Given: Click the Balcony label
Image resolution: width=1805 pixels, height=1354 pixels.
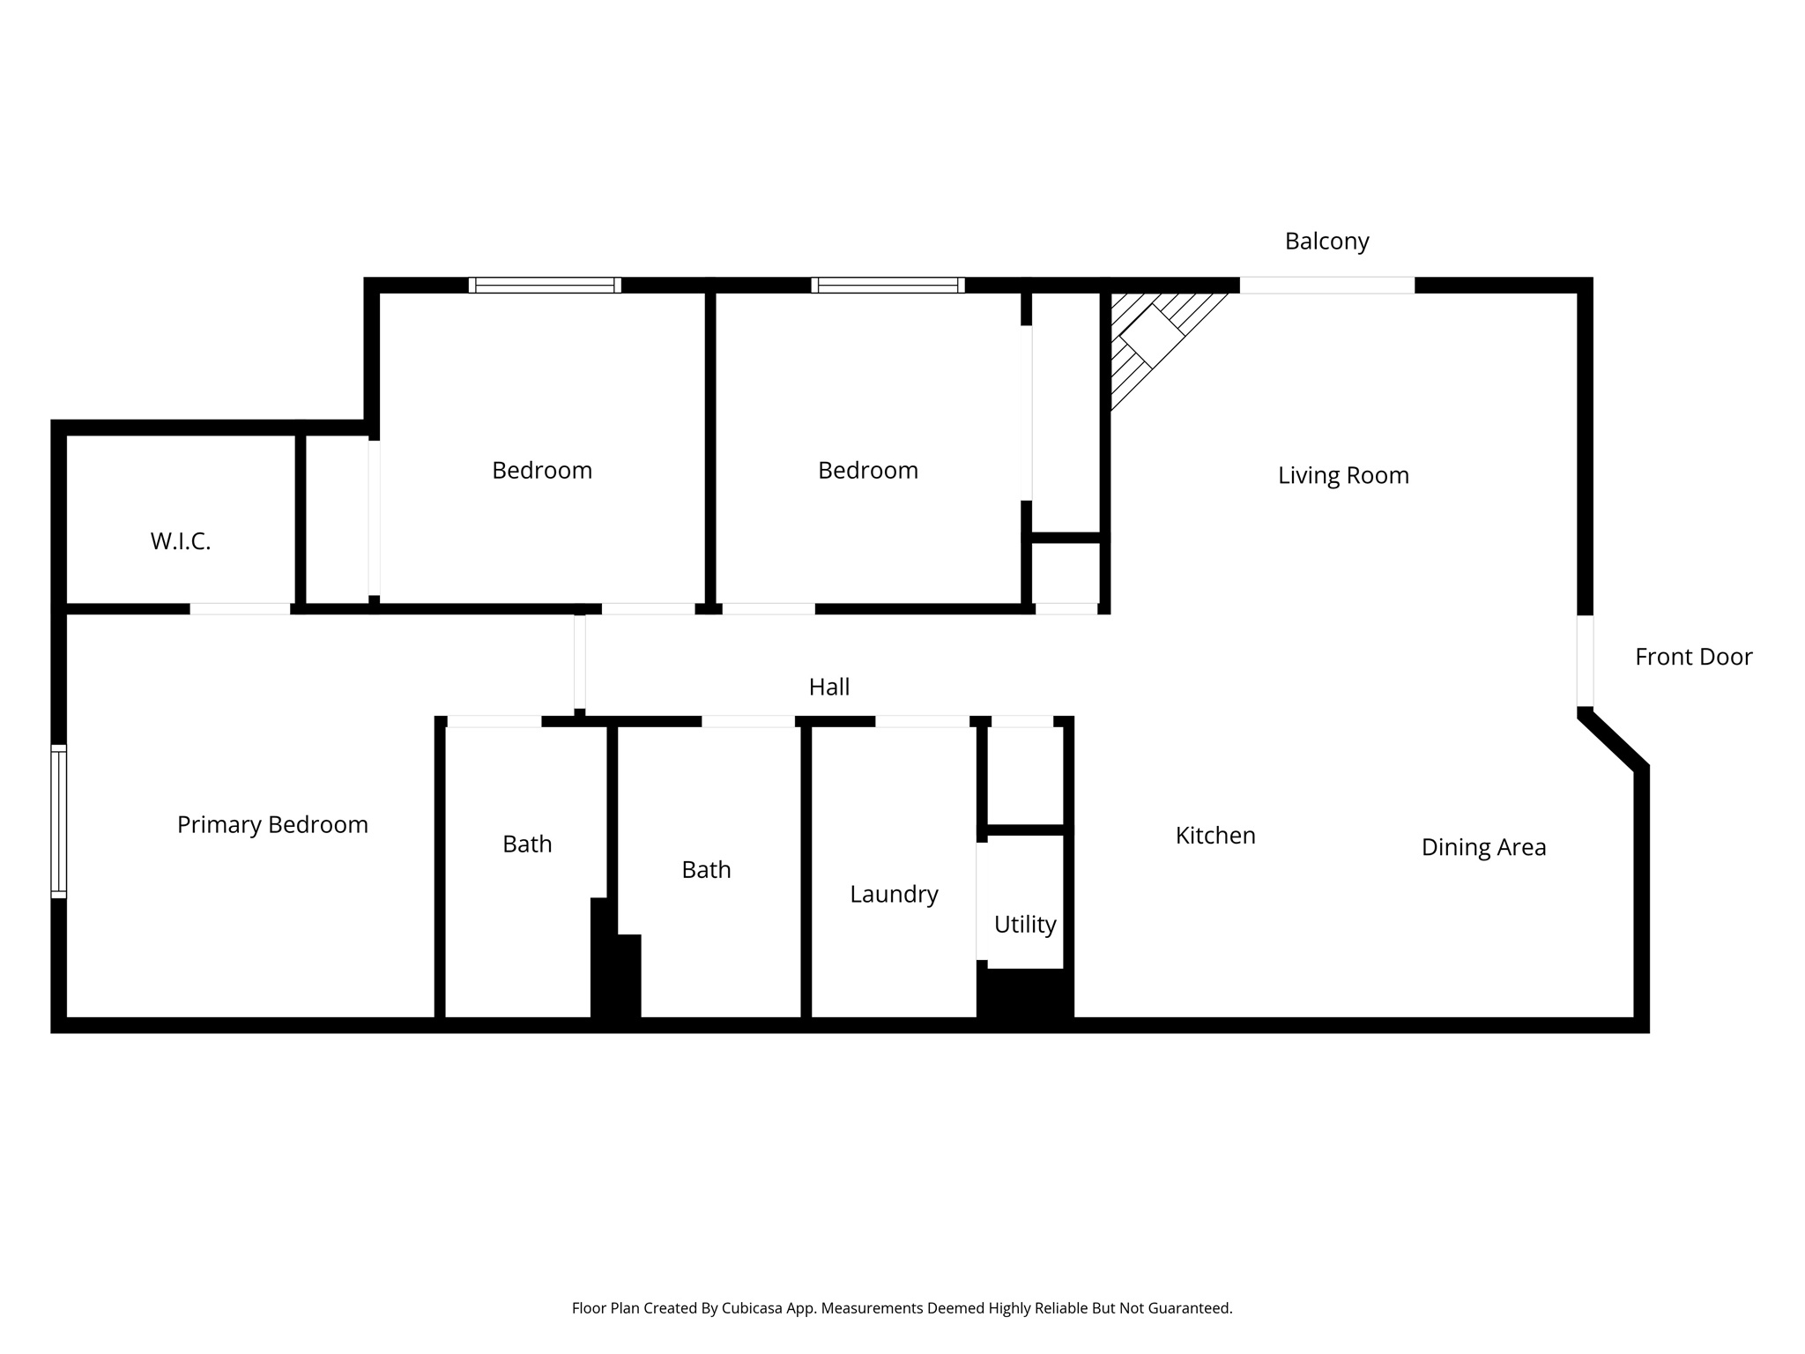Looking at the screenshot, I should pos(1326,241).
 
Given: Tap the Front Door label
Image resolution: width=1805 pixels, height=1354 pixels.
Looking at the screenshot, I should pos(1693,657).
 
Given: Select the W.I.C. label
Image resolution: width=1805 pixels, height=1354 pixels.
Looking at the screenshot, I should pos(181,541).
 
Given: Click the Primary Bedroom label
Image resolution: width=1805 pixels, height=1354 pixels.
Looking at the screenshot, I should pos(272,824).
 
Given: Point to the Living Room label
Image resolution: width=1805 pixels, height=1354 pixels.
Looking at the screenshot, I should pos(1343,475).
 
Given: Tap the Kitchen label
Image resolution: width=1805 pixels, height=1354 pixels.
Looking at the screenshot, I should pos(1215,835).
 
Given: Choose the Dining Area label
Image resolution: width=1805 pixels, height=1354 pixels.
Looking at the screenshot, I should pos(1483,847).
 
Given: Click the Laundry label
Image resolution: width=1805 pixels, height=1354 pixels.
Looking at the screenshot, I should pos(894,894).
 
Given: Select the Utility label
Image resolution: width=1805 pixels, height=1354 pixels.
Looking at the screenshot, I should pos(1025,924).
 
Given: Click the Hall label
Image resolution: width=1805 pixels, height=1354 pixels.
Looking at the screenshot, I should pos(829,687).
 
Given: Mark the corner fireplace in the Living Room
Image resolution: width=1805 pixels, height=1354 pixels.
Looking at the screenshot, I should pos(1150,336).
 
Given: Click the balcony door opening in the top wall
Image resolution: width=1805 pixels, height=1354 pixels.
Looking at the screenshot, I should pos(1326,285).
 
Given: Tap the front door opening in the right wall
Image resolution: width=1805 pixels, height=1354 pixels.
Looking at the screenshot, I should pos(1585,660).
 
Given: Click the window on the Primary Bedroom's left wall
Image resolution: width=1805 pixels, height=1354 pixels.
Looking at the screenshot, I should pos(58,821).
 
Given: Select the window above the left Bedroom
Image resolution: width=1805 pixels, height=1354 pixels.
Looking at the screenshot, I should pos(545,285).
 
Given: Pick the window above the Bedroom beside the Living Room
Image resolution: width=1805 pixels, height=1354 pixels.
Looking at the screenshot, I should pos(888,285).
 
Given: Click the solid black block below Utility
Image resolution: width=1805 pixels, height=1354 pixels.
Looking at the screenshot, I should pos(1025,993).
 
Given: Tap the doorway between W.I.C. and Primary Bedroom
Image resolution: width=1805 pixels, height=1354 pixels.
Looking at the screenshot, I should pos(240,608).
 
